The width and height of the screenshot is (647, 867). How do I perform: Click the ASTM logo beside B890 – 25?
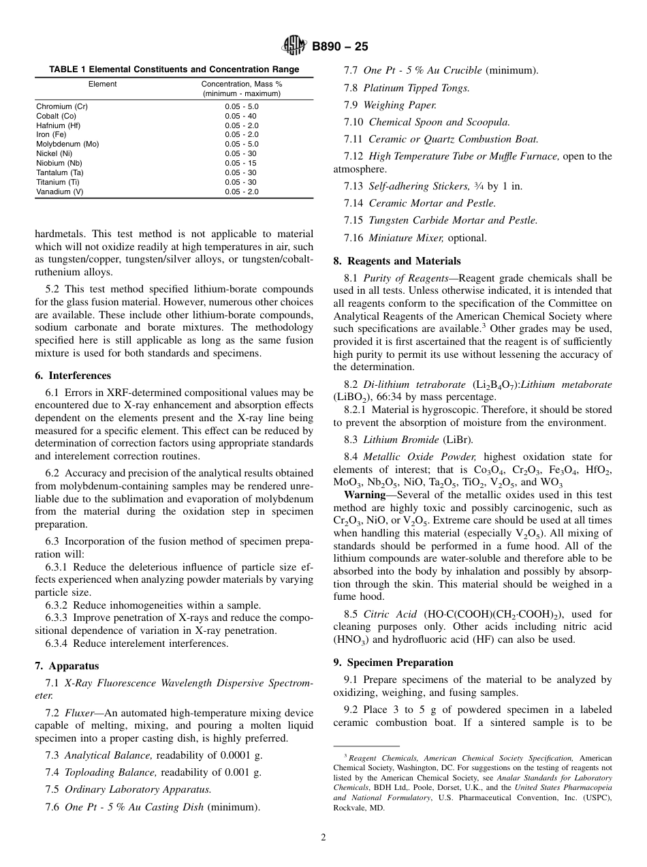click(295, 46)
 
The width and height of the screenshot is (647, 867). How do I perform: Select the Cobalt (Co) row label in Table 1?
click(56, 116)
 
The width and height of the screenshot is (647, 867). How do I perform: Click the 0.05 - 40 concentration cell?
click(242, 116)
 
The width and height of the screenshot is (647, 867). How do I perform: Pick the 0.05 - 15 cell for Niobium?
click(242, 164)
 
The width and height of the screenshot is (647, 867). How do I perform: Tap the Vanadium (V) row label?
click(59, 192)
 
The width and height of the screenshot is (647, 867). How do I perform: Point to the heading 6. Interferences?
click(73, 376)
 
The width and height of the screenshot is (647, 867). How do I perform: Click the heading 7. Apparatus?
click(67, 666)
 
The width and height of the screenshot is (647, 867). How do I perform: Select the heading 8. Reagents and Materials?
click(397, 261)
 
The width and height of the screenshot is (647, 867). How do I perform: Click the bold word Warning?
click(364, 495)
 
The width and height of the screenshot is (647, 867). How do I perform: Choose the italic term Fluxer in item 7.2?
click(80, 713)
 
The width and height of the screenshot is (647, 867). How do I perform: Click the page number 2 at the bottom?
click(323, 838)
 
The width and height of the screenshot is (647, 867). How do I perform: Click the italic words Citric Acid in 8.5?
click(390, 614)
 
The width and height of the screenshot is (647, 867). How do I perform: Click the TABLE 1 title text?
click(174, 70)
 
